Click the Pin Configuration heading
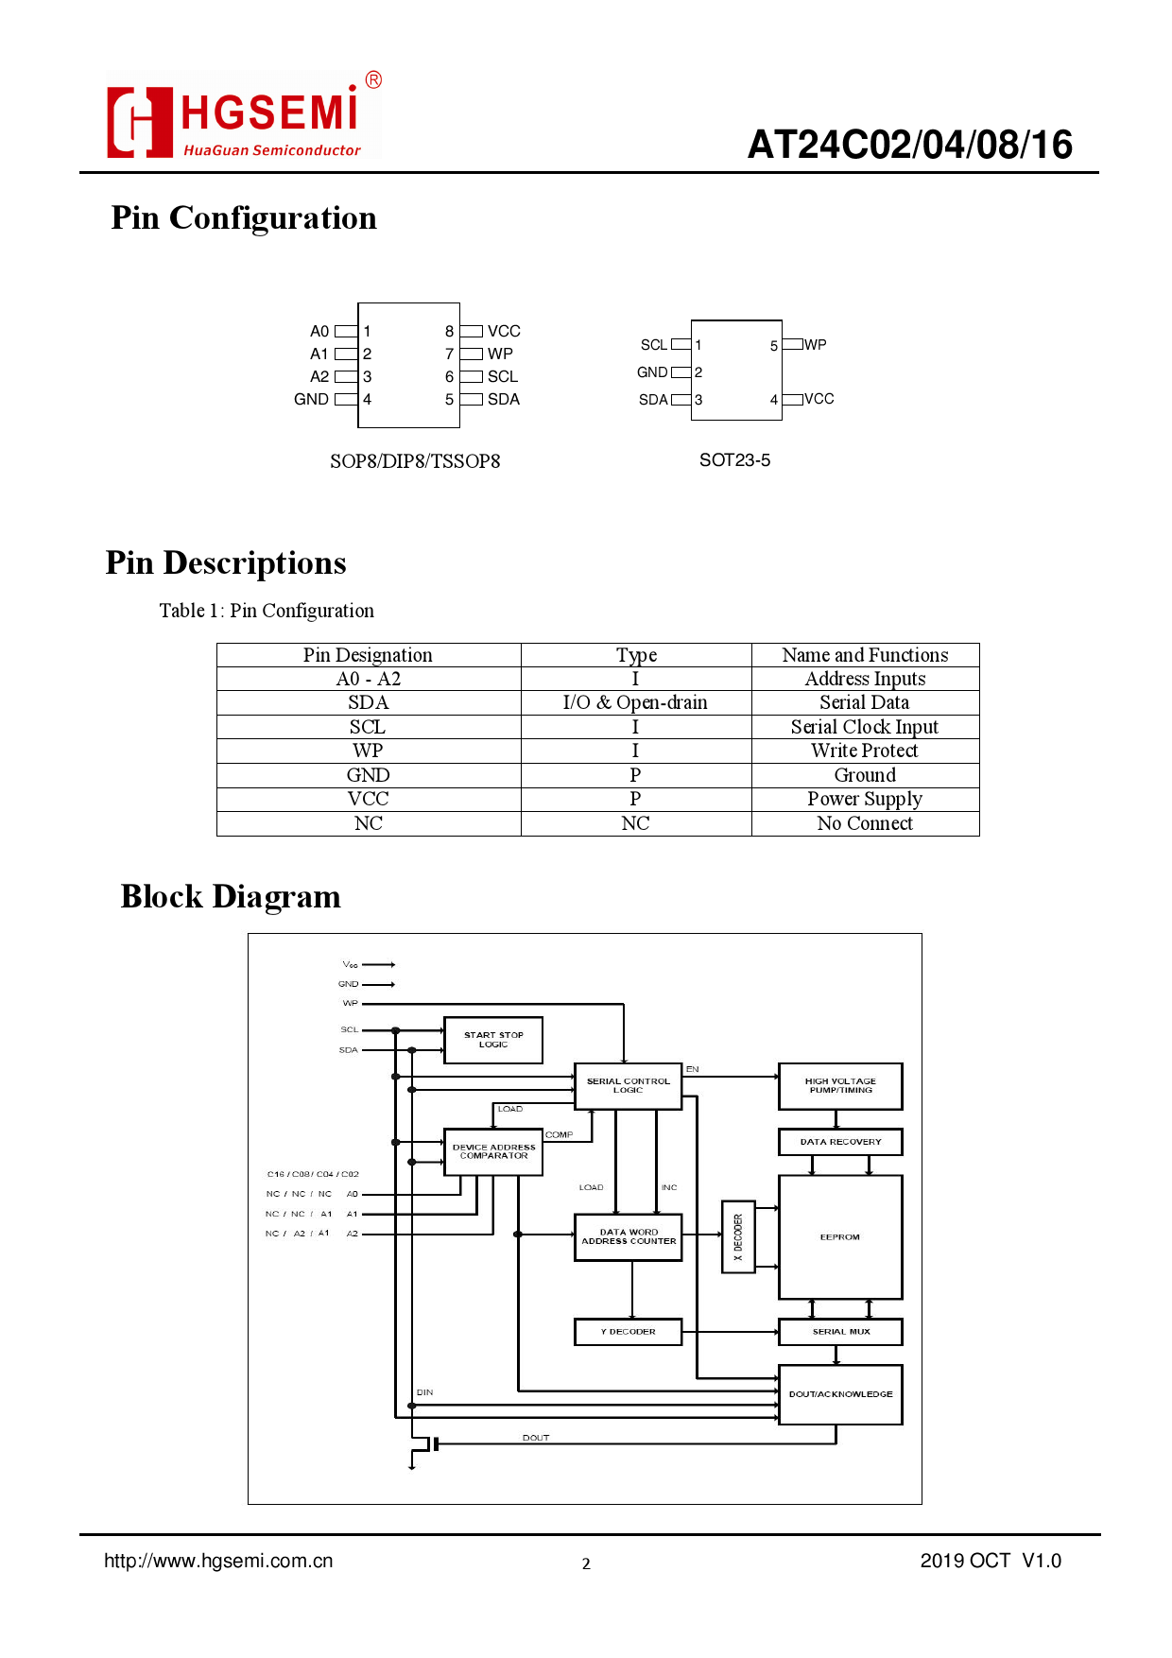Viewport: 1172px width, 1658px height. tap(244, 218)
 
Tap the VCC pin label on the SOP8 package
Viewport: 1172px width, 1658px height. tap(504, 332)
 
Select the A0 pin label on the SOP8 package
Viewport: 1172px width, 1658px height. tap(319, 332)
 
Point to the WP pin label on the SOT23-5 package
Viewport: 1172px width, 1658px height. tap(816, 345)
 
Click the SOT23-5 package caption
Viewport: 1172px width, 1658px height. tap(734, 460)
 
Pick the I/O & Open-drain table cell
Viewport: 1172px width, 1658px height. tap(635, 702)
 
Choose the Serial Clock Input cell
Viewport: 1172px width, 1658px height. tap(864, 727)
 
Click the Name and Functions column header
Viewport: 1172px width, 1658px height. tap(864, 655)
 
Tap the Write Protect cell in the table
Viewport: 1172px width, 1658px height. tap(864, 751)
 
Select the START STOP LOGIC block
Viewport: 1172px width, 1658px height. tap(493, 1040)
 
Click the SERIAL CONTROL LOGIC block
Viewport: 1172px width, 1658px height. tap(628, 1085)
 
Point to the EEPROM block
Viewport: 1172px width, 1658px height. tap(840, 1236)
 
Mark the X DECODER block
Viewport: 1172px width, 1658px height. tap(738, 1236)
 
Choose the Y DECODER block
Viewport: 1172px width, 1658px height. tap(628, 1332)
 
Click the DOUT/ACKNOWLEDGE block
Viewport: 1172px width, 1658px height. tap(840, 1394)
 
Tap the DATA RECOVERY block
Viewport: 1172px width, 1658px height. tap(840, 1142)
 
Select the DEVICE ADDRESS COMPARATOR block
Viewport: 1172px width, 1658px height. tap(493, 1151)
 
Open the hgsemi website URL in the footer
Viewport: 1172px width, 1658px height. tap(218, 1561)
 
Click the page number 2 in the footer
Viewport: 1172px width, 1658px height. tap(586, 1563)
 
